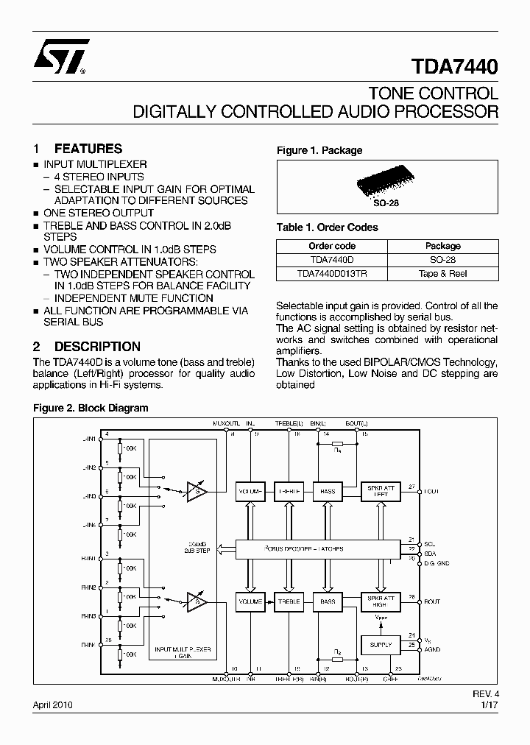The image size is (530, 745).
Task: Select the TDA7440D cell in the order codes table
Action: click(332, 260)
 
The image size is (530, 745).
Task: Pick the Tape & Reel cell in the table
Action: click(442, 274)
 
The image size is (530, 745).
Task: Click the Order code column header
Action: click(332, 246)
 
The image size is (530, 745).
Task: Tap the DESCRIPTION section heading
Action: click(97, 346)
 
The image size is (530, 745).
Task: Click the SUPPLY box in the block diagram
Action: click(381, 645)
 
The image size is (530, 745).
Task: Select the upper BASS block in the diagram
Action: click(328, 491)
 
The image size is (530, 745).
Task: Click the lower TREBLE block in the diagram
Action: click(289, 602)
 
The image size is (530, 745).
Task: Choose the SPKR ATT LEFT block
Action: click(381, 491)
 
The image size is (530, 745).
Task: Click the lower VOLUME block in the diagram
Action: click(250, 602)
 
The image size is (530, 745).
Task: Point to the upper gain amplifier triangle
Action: click(197, 490)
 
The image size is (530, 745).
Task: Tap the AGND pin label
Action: click(432, 650)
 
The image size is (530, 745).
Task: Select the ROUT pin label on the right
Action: click(432, 602)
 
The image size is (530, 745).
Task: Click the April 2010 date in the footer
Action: click(52, 705)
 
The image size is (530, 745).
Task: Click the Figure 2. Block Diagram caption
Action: click(91, 408)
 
